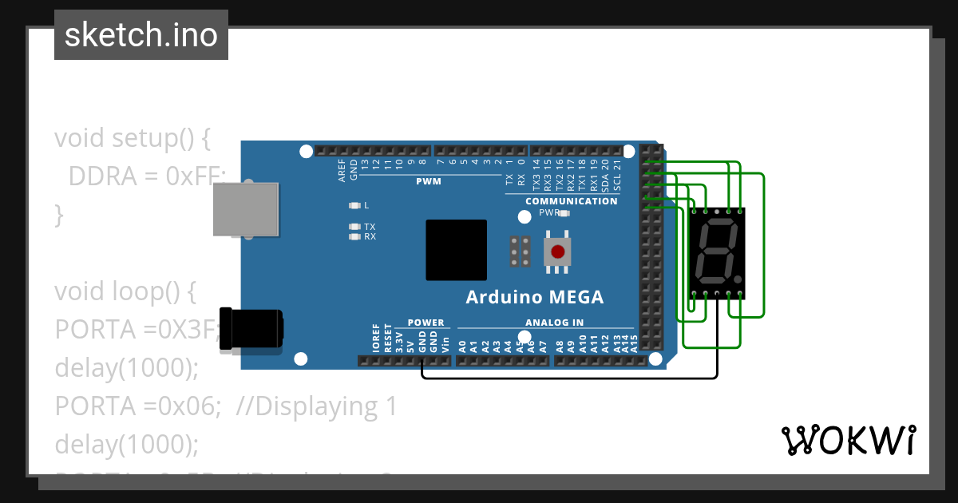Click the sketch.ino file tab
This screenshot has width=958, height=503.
[141, 35]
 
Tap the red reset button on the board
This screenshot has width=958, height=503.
[558, 252]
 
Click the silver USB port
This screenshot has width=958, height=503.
[246, 209]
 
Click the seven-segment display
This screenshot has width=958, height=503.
[717, 254]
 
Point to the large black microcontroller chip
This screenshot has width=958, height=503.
[456, 250]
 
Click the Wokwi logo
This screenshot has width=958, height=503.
[848, 440]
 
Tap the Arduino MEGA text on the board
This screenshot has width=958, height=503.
[534, 298]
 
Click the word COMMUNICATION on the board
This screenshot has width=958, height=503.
[571, 201]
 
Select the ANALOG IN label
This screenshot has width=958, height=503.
[554, 323]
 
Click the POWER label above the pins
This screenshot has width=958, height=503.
[426, 323]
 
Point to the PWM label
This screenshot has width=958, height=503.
[428, 181]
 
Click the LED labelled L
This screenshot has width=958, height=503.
[355, 205]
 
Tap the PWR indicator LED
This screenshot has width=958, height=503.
[564, 213]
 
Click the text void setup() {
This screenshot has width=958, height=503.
[132, 137]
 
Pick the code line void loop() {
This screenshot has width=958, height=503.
[125, 291]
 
